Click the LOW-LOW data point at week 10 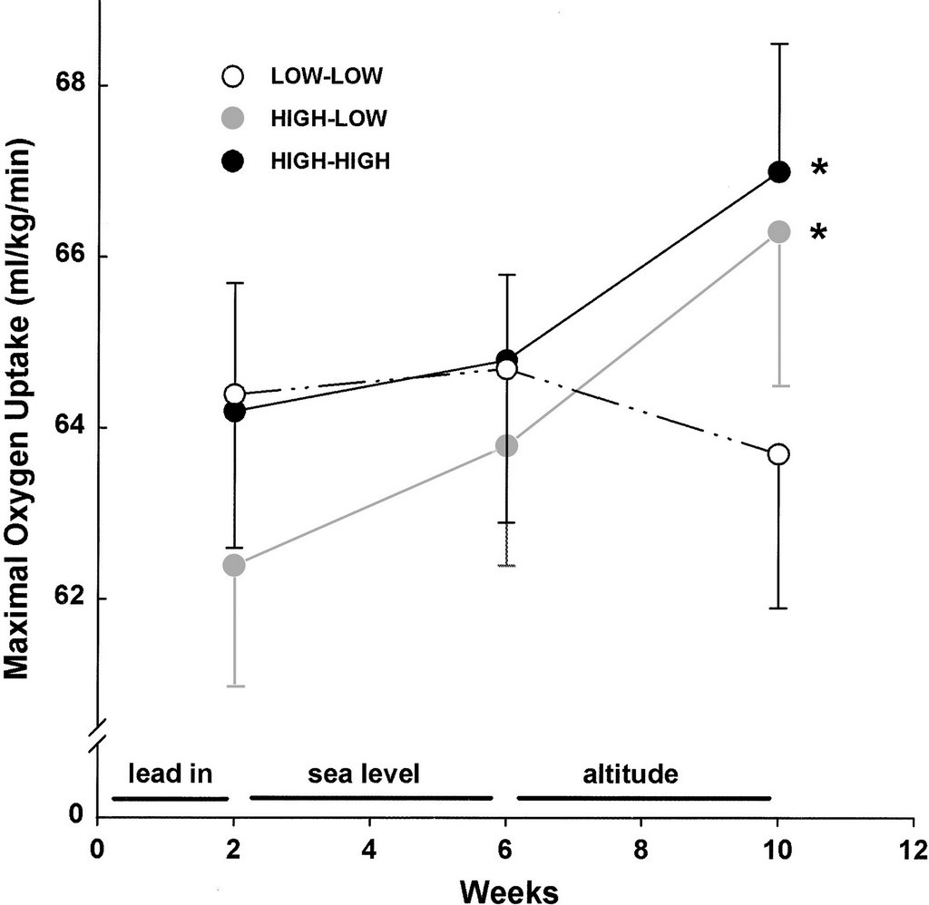[777, 454]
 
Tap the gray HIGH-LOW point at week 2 [234, 565]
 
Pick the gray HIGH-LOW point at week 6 [507, 445]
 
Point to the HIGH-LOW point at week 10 [778, 231]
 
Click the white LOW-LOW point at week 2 [234, 394]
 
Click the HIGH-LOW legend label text [329, 118]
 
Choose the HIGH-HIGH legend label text [330, 161]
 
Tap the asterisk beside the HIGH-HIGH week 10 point [819, 170]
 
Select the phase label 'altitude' [631, 774]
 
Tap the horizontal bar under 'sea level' [370, 798]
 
